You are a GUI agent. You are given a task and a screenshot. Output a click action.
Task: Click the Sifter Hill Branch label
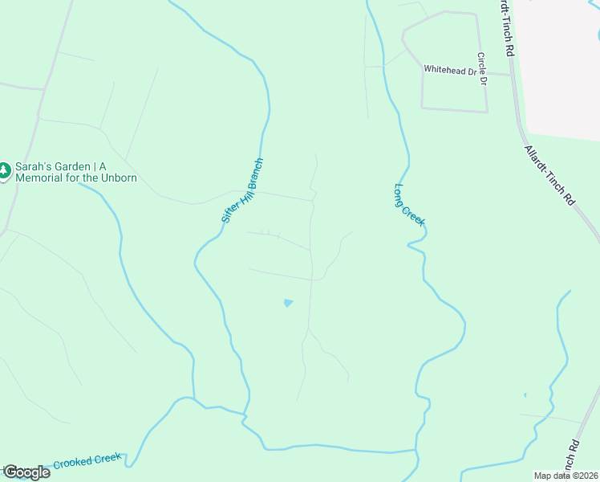[242, 190]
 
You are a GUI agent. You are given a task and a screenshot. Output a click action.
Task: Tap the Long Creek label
[408, 205]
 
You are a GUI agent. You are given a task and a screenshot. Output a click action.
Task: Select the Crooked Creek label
[87, 461]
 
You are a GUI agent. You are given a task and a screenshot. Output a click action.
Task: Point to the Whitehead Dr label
[450, 70]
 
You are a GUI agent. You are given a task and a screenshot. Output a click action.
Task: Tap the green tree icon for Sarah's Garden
[5, 170]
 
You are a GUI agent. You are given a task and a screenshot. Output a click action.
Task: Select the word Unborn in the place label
[119, 178]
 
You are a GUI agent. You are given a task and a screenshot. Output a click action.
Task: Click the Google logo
[26, 472]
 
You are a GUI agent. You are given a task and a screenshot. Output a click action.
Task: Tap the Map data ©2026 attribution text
[565, 476]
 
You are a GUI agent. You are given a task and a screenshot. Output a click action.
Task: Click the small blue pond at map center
[288, 303]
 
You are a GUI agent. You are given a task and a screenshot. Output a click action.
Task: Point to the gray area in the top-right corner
[561, 64]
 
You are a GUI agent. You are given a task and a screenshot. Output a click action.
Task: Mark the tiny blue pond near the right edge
[525, 395]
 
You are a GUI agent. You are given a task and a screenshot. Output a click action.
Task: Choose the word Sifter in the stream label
[229, 210]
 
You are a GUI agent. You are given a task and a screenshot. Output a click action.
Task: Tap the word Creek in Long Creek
[415, 214]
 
